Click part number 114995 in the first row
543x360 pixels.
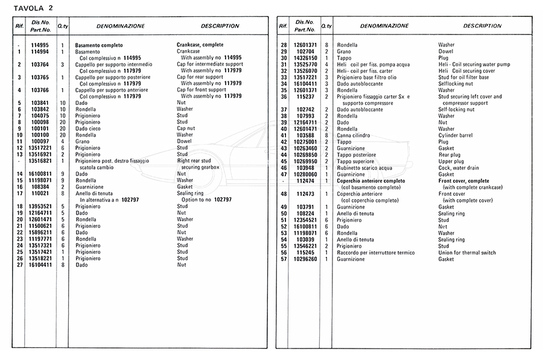[40, 45]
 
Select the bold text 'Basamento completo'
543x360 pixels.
[99, 45]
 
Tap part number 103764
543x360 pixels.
[40, 64]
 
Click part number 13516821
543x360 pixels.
[40, 161]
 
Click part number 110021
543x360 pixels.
[40, 193]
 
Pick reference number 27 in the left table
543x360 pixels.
[20, 264]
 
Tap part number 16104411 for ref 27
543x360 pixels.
[40, 264]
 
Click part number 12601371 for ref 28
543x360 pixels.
[306, 45]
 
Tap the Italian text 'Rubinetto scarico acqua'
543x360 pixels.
[364, 168]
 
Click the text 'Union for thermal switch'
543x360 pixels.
[467, 252]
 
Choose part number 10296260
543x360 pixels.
[306, 259]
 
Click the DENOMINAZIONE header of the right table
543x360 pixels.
[384, 26]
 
